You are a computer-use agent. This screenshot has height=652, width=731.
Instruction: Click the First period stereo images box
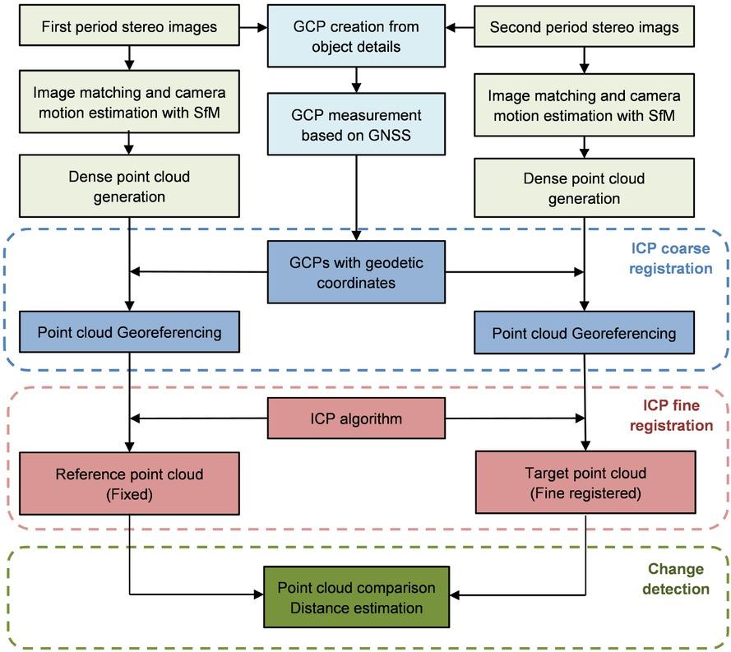point(129,27)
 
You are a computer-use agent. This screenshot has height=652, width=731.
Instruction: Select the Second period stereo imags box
point(584,27)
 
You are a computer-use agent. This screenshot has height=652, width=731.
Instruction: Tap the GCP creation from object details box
point(356,37)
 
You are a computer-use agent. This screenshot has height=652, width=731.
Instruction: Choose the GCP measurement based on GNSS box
point(356,124)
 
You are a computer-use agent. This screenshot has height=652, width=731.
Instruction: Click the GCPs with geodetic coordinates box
point(356,271)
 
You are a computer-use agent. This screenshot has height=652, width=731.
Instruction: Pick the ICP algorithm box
point(356,419)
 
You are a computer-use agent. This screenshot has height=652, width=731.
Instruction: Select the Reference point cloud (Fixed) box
point(129,484)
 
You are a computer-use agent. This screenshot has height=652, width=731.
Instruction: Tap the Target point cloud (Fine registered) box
point(585,484)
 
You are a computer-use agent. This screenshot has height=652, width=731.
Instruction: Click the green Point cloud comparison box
point(356,598)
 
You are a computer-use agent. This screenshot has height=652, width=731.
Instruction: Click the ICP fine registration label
point(677,415)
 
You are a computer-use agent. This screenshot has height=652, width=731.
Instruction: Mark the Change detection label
point(675,579)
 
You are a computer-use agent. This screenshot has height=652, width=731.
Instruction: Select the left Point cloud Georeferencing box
point(129,333)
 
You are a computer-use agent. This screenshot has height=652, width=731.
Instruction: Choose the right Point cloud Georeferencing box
point(584,333)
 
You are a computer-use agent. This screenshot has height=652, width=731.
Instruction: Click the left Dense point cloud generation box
point(129,187)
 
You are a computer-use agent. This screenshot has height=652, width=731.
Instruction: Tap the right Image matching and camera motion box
point(584,105)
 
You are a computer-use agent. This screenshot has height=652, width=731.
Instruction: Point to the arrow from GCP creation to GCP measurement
point(356,78)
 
